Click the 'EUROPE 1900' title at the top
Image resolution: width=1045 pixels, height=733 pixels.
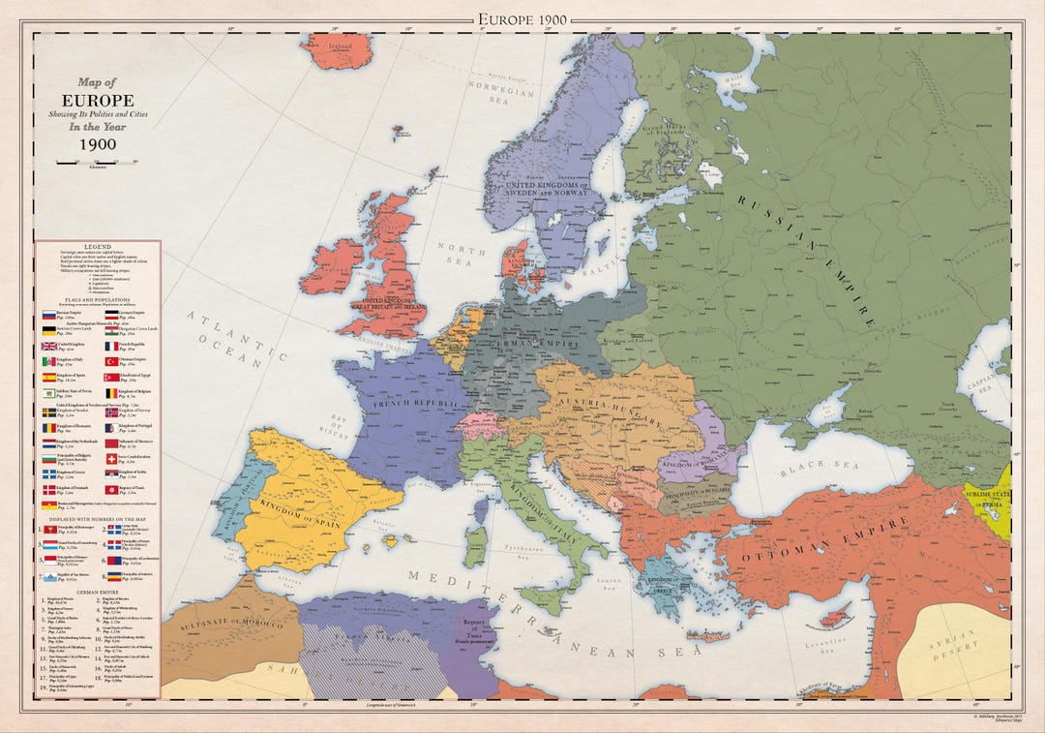click(522, 19)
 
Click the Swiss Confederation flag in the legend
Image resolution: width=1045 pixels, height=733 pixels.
click(111, 457)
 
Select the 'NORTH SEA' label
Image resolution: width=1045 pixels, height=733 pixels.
click(456, 254)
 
